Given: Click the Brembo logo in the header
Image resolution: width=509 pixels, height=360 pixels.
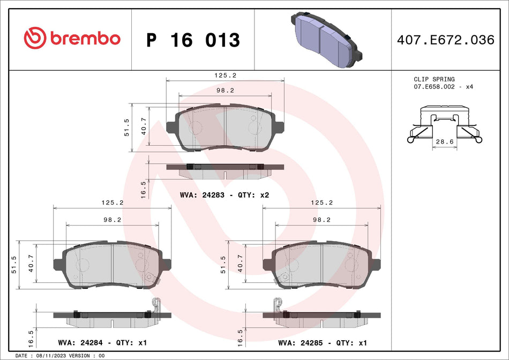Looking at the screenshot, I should pyautogui.click(x=72, y=39).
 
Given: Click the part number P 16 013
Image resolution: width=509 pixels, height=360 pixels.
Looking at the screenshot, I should pyautogui.click(x=193, y=40).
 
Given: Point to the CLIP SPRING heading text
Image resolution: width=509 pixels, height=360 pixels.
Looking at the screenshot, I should pyautogui.click(x=434, y=79).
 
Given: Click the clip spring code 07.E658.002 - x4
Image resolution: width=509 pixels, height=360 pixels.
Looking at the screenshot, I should pyautogui.click(x=443, y=86).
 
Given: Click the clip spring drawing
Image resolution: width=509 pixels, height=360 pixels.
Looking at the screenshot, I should pyautogui.click(x=444, y=124).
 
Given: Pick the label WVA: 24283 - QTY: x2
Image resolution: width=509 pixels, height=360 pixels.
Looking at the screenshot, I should pyautogui.click(x=224, y=195).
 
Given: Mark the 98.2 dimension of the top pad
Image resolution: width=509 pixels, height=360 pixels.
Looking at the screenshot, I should pyautogui.click(x=225, y=91).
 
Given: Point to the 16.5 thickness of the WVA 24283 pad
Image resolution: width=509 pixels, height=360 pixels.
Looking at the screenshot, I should pyautogui.click(x=143, y=190).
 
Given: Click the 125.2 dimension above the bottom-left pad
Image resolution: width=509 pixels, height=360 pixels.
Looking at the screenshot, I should pyautogui.click(x=113, y=203).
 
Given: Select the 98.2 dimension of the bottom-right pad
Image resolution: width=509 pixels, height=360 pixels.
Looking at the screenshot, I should pyautogui.click(x=322, y=219).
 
